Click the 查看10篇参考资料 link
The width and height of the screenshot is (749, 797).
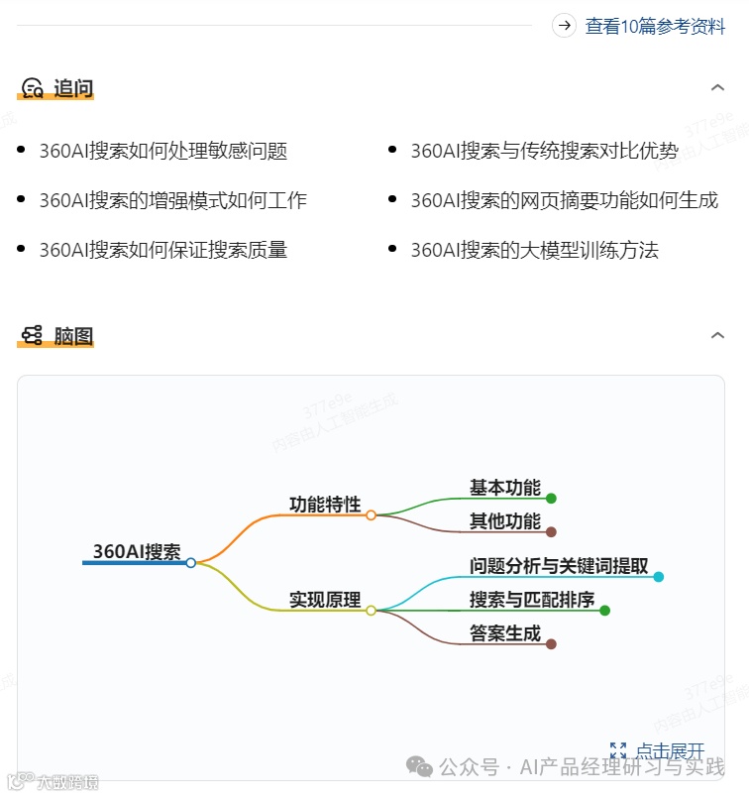click(655, 27)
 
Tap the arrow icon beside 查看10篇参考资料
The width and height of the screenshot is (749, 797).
click(565, 26)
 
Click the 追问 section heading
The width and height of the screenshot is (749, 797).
click(72, 88)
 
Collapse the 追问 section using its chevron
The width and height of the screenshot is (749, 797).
click(718, 88)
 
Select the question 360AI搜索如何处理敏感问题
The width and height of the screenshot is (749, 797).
click(163, 151)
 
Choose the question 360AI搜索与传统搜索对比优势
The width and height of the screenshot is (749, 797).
click(544, 151)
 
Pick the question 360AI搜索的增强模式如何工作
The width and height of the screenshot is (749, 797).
click(173, 200)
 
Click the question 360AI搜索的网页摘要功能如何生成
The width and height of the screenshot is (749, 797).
click(564, 200)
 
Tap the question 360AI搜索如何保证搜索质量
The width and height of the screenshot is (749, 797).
click(163, 250)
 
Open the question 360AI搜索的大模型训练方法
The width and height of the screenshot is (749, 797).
click(534, 250)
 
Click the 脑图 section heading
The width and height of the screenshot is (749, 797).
click(72, 336)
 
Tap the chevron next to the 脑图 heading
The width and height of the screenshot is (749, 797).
click(718, 336)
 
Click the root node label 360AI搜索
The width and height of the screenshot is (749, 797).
click(137, 551)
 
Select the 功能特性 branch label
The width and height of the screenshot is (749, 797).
click(325, 504)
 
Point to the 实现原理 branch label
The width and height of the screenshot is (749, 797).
click(325, 600)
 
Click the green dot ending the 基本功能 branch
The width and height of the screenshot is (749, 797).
click(551, 499)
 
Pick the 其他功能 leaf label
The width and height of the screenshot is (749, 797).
click(505, 521)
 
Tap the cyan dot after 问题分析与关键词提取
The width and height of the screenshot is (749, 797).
click(659, 576)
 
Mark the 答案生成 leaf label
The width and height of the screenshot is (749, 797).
click(505, 633)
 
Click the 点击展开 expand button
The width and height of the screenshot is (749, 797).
click(659, 750)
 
